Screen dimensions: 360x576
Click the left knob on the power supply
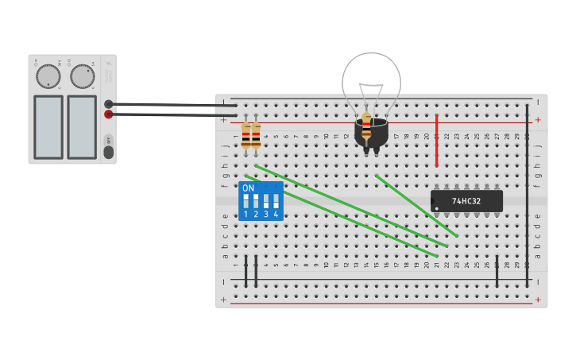(48, 76)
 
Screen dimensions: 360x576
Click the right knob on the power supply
(82, 76)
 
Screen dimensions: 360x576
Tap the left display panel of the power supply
(48, 126)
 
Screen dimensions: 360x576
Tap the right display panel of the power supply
(82, 126)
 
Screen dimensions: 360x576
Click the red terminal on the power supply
(108, 114)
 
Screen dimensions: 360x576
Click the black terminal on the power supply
(108, 104)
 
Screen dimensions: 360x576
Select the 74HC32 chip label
(466, 201)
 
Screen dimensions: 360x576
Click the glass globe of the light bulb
(371, 79)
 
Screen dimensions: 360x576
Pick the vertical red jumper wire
(436, 140)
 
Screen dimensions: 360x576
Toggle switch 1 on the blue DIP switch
(245, 200)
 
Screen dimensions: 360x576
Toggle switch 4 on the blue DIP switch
(276, 200)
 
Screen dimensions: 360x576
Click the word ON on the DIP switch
(248, 188)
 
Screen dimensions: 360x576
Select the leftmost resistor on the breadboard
(245, 136)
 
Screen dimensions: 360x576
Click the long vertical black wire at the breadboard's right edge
(526, 195)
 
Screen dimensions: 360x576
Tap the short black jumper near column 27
(497, 272)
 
